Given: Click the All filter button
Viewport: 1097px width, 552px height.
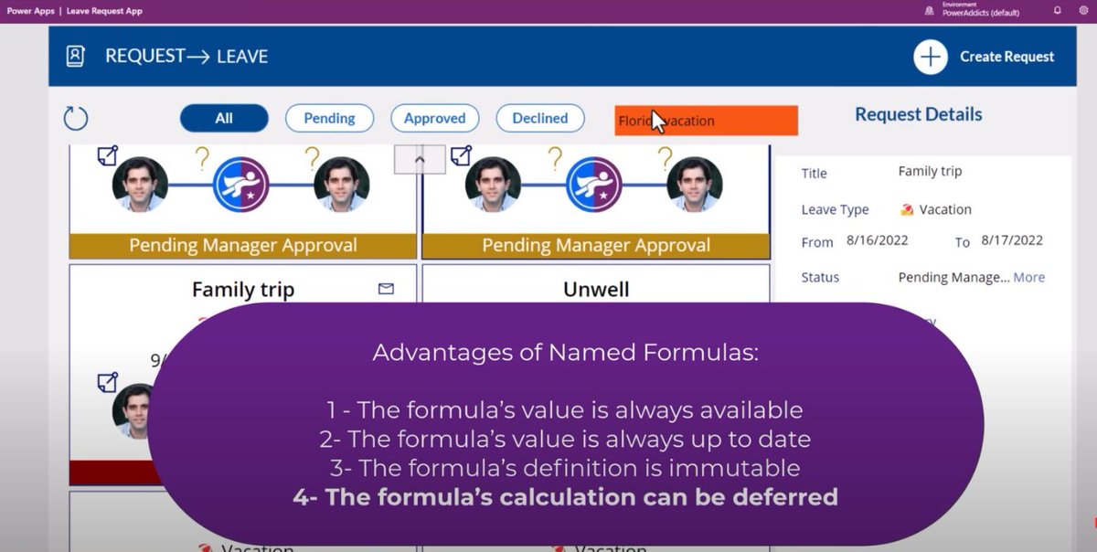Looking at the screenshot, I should [x=224, y=118].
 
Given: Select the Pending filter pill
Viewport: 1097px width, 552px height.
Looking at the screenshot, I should [x=329, y=118].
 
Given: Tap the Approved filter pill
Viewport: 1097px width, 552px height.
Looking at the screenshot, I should [x=434, y=118].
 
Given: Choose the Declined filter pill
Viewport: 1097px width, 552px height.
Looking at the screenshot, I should [x=539, y=118].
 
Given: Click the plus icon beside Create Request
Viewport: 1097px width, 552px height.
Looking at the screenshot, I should [x=930, y=57].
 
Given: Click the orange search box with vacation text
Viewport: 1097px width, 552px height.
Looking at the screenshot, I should [x=706, y=121].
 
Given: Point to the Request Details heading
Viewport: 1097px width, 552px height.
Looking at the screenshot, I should [x=918, y=114].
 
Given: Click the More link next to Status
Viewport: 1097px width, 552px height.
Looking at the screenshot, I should [x=1028, y=277].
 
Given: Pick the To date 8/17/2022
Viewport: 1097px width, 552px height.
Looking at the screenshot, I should [x=1012, y=241].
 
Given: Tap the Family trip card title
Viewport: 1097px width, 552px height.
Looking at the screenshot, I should [x=243, y=290].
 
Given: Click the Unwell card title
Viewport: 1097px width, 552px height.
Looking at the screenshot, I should [x=596, y=290].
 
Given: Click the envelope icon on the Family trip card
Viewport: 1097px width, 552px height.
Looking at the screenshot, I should [x=386, y=289].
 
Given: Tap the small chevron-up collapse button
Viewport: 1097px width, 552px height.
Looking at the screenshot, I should [x=420, y=159].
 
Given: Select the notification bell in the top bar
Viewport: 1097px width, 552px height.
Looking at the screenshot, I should [x=1058, y=11].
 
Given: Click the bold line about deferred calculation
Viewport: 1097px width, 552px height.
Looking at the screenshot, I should [x=565, y=497].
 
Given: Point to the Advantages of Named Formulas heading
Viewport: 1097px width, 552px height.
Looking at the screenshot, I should [x=565, y=352].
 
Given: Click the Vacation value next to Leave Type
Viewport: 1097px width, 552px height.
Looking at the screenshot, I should [x=944, y=209].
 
